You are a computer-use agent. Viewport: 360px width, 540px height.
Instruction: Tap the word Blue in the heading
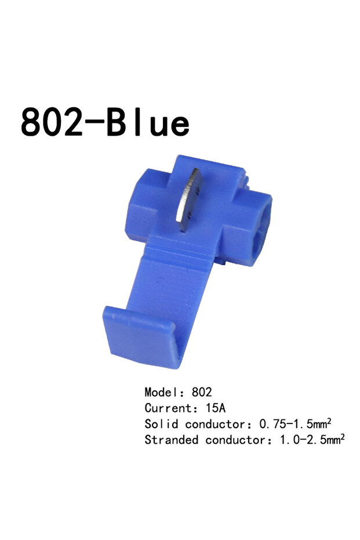pyautogui.click(x=148, y=122)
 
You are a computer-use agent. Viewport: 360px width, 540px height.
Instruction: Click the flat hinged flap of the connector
pyautogui.click(x=144, y=336)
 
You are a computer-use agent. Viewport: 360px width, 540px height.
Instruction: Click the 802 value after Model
pyautogui.click(x=202, y=392)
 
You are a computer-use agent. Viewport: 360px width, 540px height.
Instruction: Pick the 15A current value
pyautogui.click(x=216, y=408)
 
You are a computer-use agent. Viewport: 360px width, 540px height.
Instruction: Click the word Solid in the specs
pyautogui.click(x=161, y=423)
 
